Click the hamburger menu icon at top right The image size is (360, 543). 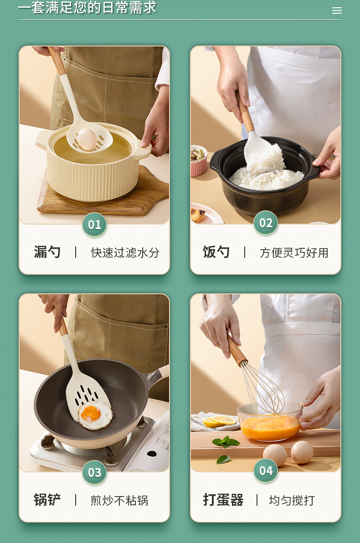337,10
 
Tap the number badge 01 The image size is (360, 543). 94,225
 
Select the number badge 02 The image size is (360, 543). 266,223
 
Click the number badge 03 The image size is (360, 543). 94,472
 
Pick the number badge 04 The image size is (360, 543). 266,471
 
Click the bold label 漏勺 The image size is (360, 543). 47,252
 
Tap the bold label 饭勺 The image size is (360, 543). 216,252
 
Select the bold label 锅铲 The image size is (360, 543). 47,500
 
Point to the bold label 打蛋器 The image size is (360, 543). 223,500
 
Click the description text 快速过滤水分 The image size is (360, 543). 125,253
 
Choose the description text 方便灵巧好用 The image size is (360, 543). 294,253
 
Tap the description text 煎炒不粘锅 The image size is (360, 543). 119,501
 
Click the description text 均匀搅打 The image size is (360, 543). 292,501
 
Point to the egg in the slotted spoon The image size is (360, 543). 87,139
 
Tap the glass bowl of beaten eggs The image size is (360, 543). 270,423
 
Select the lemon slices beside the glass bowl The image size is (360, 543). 220,421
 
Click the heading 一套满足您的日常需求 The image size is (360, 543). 87,7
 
